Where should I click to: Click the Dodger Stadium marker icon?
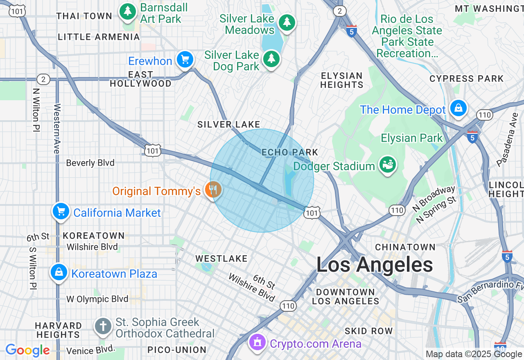point(387,165)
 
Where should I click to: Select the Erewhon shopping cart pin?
point(185,60)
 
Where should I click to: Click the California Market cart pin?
point(61,211)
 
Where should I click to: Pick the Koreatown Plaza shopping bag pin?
point(59,272)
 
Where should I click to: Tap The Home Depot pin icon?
point(458,108)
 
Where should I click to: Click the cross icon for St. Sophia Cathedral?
point(103,326)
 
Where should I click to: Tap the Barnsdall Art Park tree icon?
point(128,12)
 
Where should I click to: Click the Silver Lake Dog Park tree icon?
point(271,59)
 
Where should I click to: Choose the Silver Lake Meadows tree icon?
point(287,22)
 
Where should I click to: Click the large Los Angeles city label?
point(375,265)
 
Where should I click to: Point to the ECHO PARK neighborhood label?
point(290,153)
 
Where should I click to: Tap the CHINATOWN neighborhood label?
point(405,247)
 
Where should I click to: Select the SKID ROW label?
point(368,331)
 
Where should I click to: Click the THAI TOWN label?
point(84,16)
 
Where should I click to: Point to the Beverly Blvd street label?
point(90,163)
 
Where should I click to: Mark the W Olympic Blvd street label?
point(97,299)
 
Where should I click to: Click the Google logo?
point(28,351)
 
